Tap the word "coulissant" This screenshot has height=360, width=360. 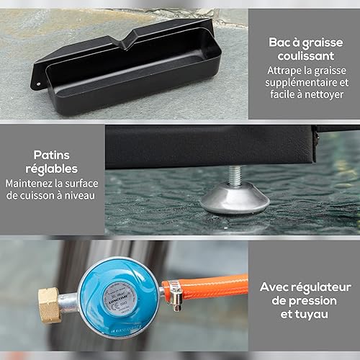tap(306, 56)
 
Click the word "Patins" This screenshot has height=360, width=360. tap(52, 155)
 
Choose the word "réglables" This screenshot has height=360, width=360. tap(52, 169)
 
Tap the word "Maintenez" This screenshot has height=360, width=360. tap(29, 184)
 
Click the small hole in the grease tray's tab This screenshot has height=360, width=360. tap(38, 84)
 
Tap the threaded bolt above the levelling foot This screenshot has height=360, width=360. tap(235, 175)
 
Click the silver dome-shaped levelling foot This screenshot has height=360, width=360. tap(235, 197)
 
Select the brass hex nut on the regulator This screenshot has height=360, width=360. tap(50, 305)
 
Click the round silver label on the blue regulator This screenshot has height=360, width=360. tap(120, 298)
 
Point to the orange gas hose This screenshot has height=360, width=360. tap(211, 287)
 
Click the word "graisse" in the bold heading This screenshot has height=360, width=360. tap(323, 43)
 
